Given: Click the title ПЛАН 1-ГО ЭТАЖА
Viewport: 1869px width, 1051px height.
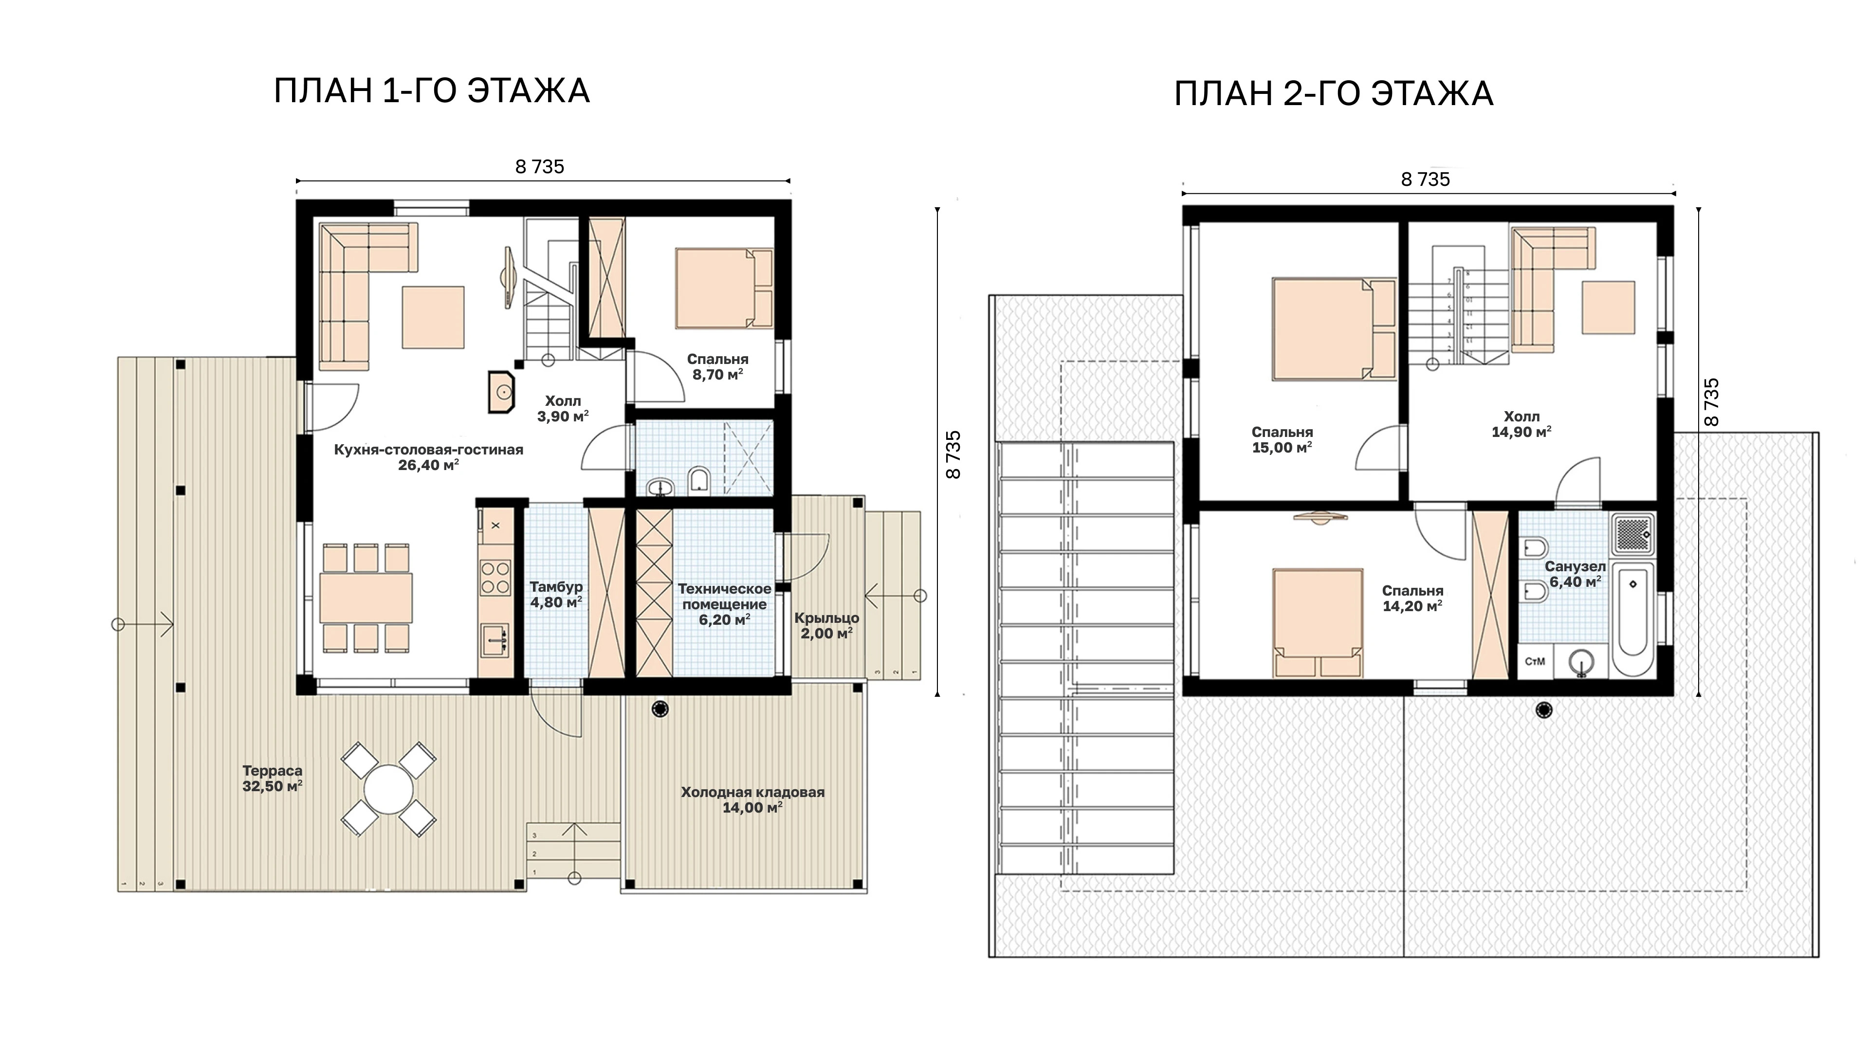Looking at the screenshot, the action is (x=432, y=91).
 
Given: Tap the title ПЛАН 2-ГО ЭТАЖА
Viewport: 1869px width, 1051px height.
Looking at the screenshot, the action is (x=1334, y=94).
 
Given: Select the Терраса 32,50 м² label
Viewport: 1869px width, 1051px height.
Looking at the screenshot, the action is (x=273, y=779).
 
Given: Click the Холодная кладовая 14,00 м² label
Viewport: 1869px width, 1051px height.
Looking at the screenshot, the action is (x=752, y=799).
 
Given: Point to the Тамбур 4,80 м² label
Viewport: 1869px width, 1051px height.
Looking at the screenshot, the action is (x=556, y=594).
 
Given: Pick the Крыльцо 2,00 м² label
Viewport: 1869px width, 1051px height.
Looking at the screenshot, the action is (x=826, y=625).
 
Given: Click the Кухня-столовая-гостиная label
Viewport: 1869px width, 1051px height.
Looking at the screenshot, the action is (x=428, y=450).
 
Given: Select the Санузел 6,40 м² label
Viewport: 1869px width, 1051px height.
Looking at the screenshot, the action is (x=1575, y=574).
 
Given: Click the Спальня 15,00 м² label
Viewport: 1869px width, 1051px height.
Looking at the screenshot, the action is (x=1282, y=439).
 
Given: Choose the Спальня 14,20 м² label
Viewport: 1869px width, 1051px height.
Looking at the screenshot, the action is (x=1412, y=598).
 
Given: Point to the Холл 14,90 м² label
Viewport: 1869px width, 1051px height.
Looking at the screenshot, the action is (x=1521, y=424).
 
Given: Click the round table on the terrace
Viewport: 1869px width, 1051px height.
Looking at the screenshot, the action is (x=389, y=790).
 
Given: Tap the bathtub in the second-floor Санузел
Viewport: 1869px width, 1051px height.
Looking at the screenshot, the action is (x=1632, y=619).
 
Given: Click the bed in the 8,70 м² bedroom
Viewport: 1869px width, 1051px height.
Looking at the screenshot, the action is (x=724, y=289).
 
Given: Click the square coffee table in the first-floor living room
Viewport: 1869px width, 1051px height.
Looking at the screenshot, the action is (x=434, y=317).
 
